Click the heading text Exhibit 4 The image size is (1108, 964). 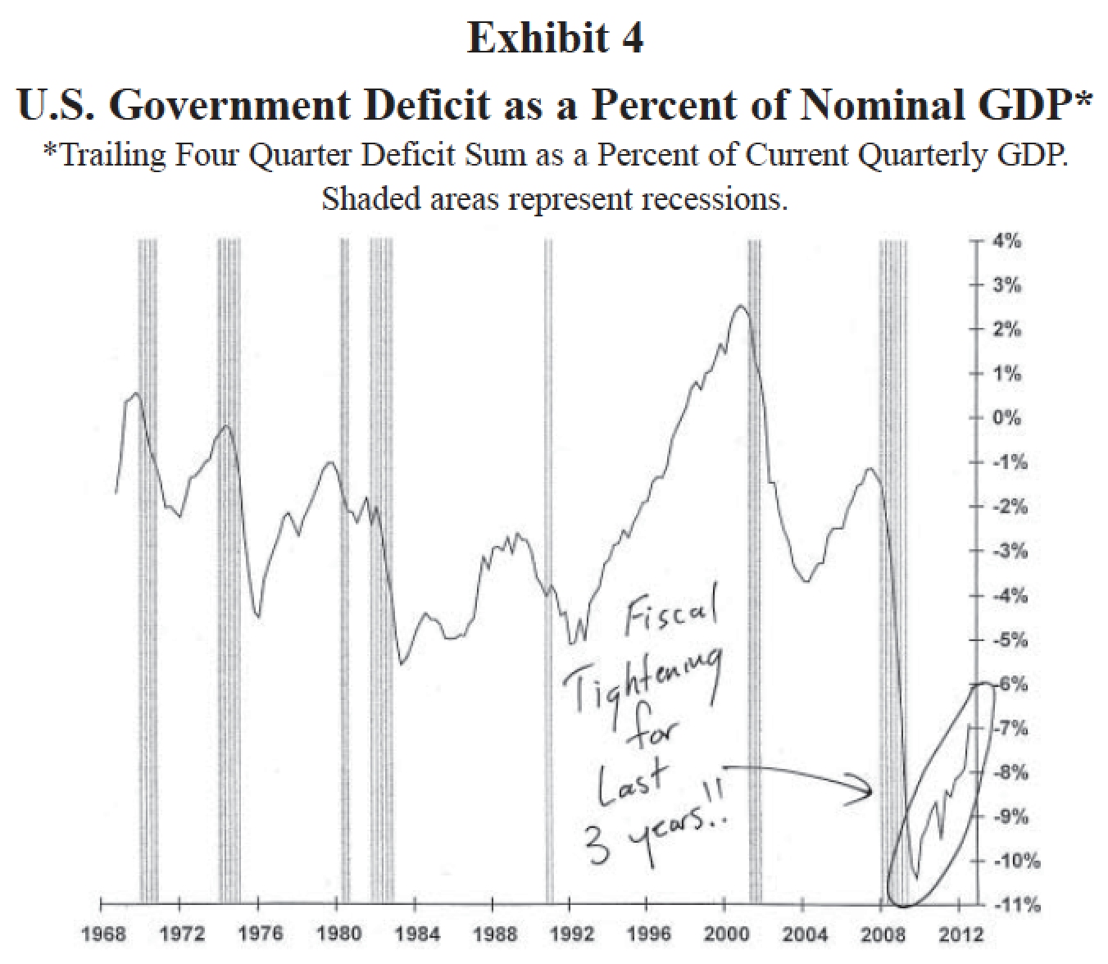555,38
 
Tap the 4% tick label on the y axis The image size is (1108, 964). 1006,241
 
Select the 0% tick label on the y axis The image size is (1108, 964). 1006,418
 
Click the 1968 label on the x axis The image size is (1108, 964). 101,934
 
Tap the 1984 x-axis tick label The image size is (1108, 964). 415,934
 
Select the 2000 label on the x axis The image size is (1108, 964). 724,934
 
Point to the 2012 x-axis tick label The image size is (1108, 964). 959,934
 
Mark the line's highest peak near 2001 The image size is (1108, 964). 741,306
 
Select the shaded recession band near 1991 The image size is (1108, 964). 548,574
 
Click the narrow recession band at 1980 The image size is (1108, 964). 345,574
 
